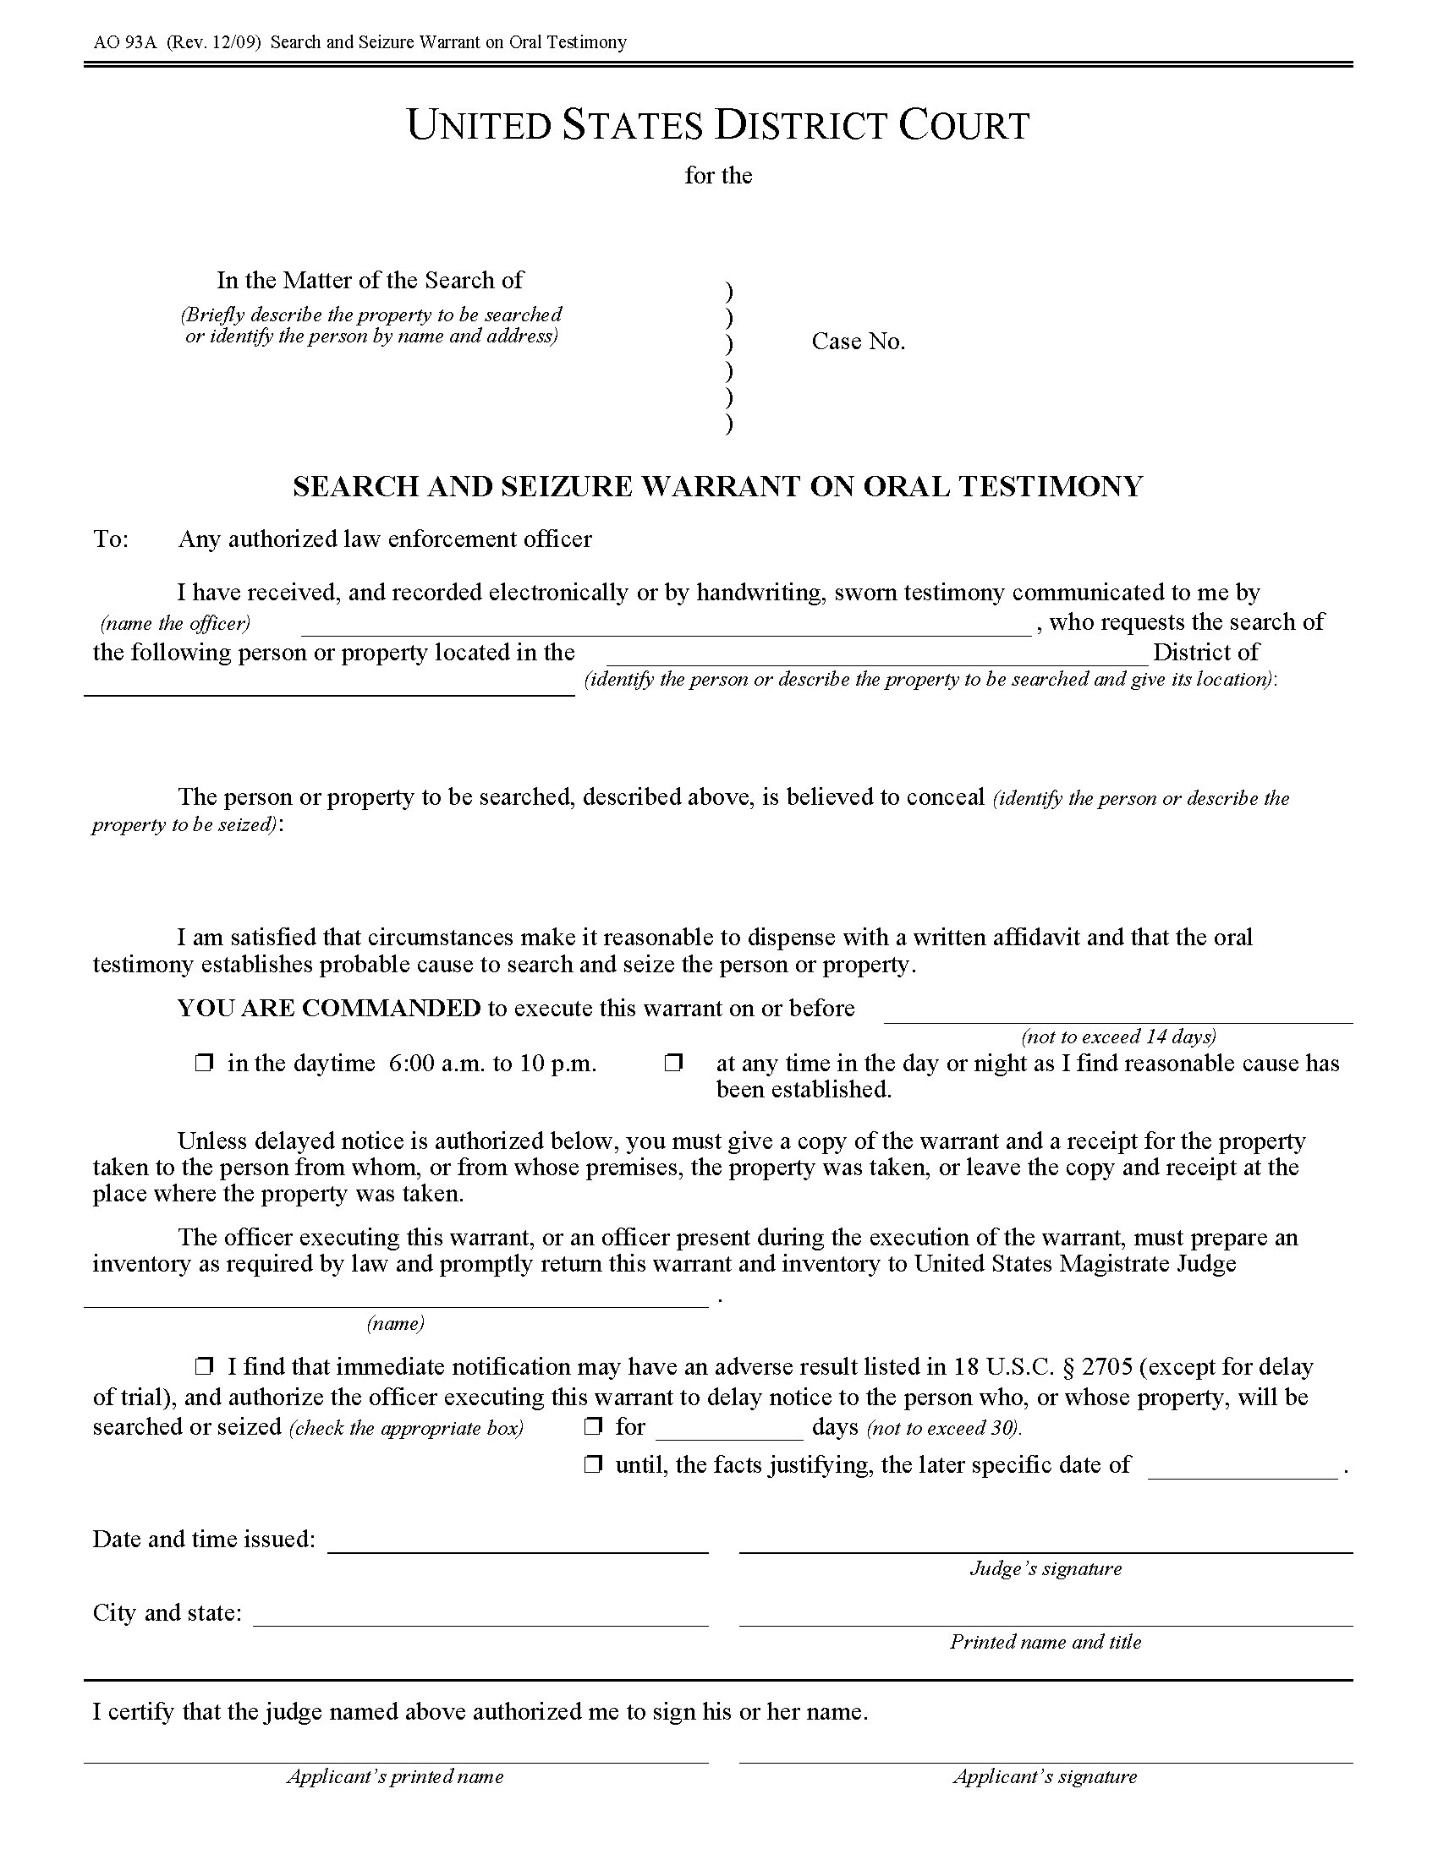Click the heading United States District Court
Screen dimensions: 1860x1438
point(718,125)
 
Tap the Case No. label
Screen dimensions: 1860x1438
point(858,342)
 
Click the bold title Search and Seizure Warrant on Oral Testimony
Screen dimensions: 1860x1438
point(717,486)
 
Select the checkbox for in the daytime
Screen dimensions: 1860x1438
point(204,1063)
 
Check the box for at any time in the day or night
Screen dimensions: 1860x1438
point(674,1063)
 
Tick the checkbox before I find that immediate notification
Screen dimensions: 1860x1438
point(204,1367)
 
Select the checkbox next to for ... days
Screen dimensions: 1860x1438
point(593,1426)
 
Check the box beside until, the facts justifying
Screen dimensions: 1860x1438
point(593,1465)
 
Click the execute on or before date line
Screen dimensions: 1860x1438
point(1117,1015)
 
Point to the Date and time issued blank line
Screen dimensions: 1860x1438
point(518,1544)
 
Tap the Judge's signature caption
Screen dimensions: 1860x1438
point(1046,1568)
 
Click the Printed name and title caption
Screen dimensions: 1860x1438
point(1046,1642)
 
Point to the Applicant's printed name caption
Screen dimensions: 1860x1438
point(395,1776)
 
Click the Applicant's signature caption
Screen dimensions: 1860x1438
point(1046,1776)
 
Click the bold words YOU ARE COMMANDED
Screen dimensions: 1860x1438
point(329,1009)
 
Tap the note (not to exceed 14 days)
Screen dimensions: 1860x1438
point(1117,1037)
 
